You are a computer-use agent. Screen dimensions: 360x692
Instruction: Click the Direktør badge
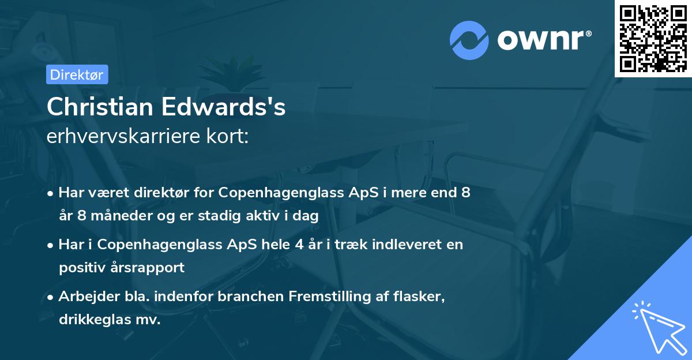77,74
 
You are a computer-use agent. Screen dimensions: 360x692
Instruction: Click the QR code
652,39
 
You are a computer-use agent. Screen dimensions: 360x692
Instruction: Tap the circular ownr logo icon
469,40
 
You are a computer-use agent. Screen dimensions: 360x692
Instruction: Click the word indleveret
405,244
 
